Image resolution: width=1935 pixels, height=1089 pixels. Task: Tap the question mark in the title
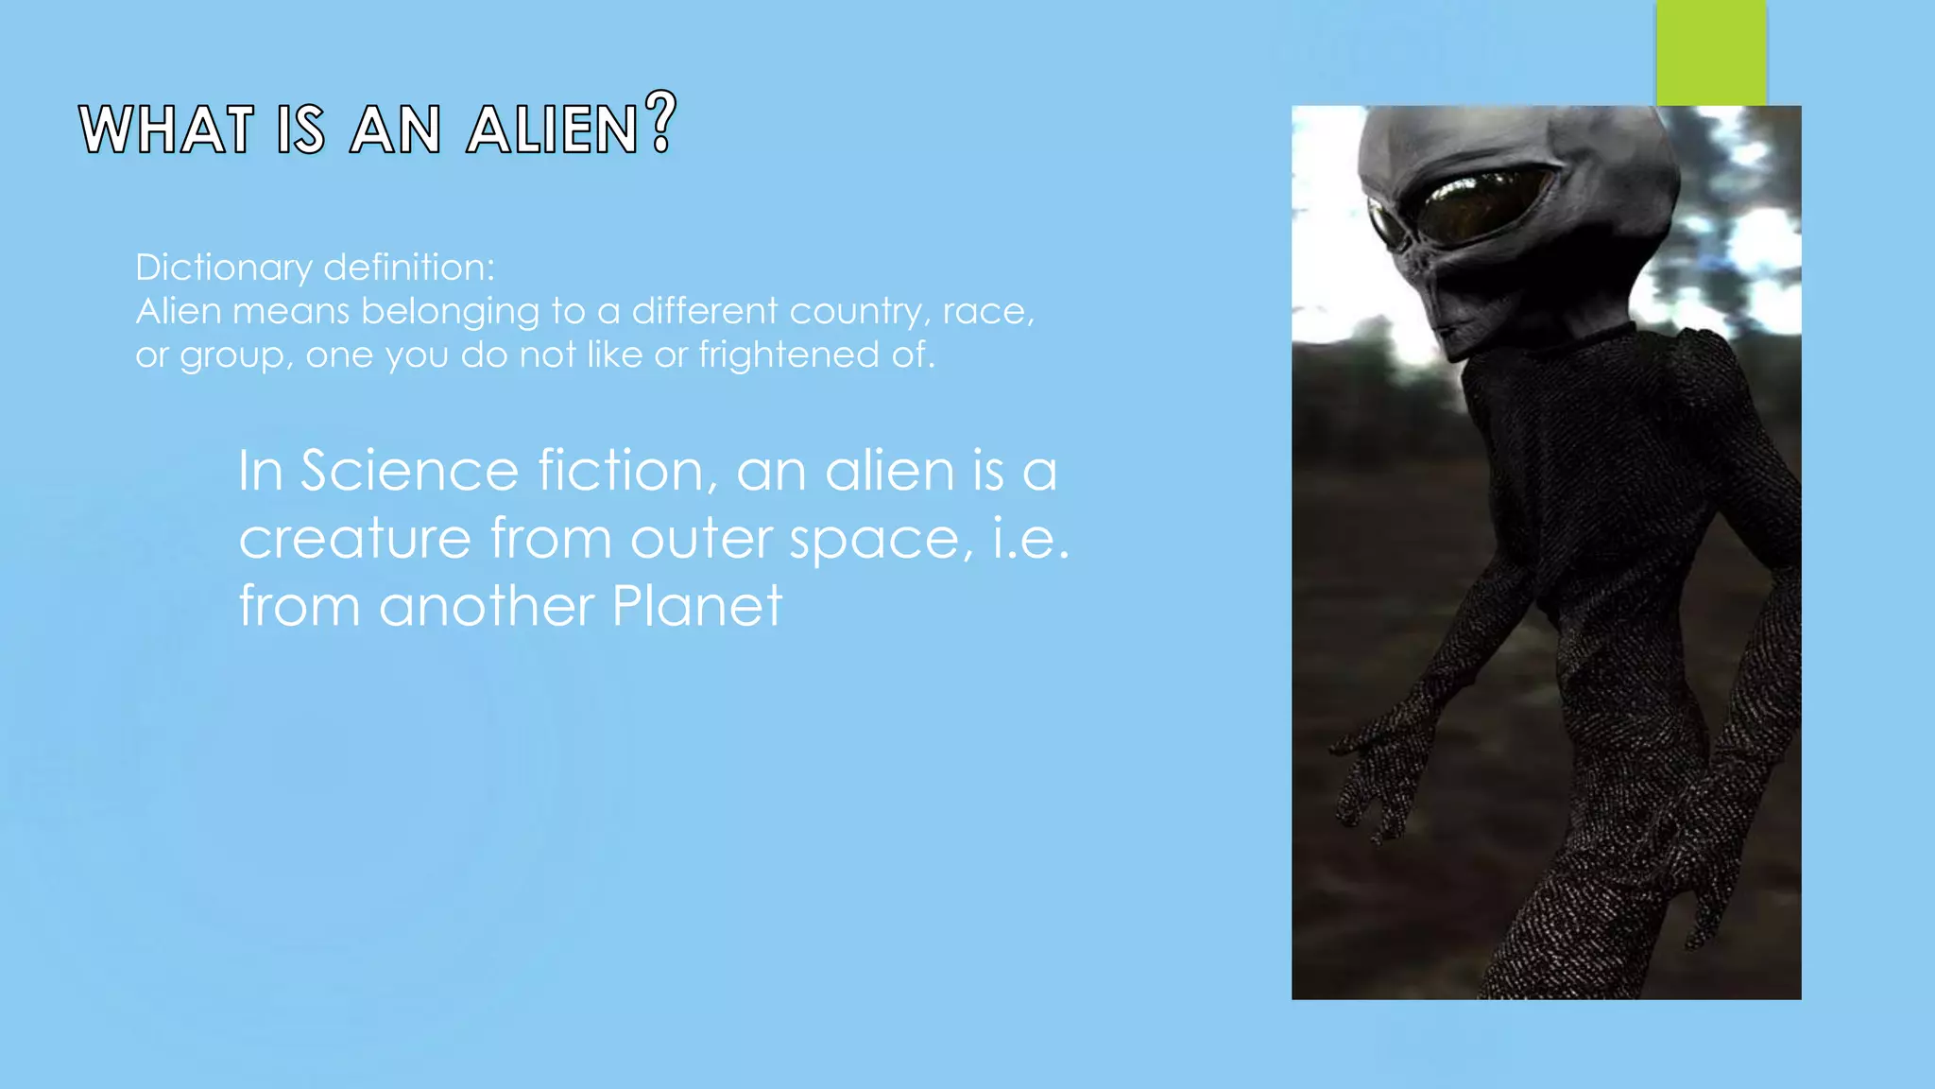click(x=661, y=123)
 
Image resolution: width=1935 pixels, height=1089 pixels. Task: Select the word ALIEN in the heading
click(x=553, y=130)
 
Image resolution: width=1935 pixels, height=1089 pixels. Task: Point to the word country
click(x=854, y=312)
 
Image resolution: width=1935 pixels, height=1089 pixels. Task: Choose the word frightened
click(x=789, y=355)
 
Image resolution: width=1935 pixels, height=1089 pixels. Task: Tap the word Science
click(x=409, y=471)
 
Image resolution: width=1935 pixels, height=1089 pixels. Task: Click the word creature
click(x=354, y=539)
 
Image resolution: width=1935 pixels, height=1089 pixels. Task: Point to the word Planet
click(x=697, y=606)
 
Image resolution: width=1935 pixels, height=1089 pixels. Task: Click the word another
click(x=487, y=606)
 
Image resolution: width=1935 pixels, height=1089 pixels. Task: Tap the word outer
click(x=702, y=540)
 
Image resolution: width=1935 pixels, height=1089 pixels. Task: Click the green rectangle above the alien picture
click(x=1711, y=52)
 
